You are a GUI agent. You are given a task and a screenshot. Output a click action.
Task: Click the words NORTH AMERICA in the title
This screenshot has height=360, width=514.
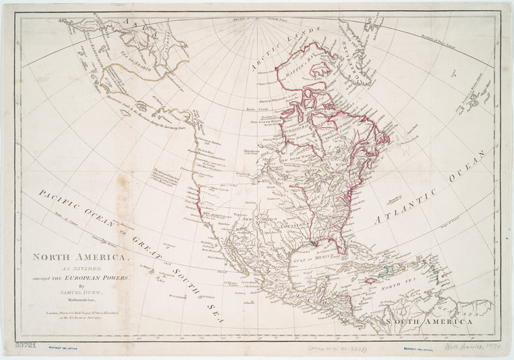[80, 257]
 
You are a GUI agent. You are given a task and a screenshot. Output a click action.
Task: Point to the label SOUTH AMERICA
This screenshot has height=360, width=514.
[428, 321]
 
